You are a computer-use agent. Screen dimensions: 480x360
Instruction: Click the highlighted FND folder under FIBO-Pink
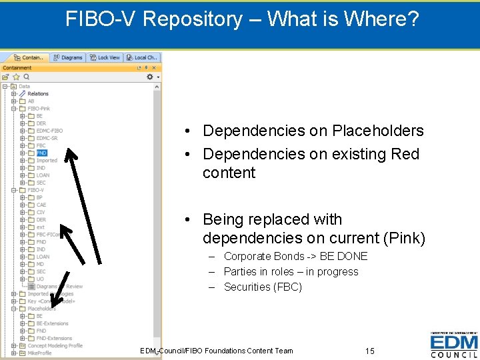(41, 153)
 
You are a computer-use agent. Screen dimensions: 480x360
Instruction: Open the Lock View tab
(105, 58)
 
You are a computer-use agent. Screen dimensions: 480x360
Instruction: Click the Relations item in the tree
(37, 93)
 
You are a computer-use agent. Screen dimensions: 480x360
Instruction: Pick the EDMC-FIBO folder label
(49, 131)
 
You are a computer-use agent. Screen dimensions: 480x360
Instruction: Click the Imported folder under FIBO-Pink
(47, 160)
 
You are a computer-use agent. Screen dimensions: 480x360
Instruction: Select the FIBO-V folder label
(35, 190)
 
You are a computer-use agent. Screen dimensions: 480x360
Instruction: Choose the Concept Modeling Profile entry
(55, 345)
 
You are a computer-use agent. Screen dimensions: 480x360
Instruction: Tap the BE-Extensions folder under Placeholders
(52, 323)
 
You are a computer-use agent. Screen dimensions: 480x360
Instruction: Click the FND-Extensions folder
(53, 338)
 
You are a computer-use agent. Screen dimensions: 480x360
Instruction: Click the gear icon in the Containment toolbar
(150, 77)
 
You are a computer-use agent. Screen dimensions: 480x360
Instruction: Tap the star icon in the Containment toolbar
(16, 77)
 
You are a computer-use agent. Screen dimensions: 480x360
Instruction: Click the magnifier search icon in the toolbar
(26, 77)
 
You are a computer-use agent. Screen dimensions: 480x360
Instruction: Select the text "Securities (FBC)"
(263, 287)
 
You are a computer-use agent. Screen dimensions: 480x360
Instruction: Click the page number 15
(370, 351)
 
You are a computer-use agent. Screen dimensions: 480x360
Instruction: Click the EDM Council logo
(453, 345)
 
